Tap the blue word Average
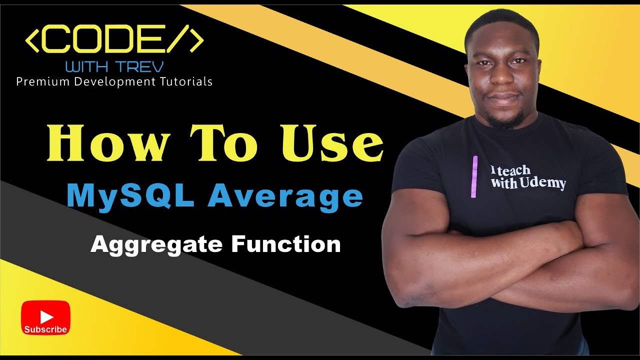pyautogui.click(x=285, y=197)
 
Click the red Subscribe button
pyautogui.click(x=45, y=318)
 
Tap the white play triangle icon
pyautogui.click(x=46, y=316)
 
